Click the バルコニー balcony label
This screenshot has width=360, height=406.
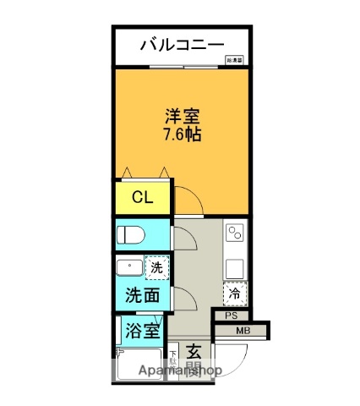click(181, 44)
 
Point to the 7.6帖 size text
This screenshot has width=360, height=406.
click(182, 135)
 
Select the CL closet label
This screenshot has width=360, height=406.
click(141, 200)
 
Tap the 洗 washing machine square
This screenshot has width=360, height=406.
click(156, 268)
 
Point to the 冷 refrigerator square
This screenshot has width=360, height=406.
click(234, 293)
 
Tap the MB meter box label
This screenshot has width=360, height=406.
click(243, 331)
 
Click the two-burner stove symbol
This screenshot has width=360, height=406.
click(235, 232)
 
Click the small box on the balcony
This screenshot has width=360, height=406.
click(235, 60)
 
